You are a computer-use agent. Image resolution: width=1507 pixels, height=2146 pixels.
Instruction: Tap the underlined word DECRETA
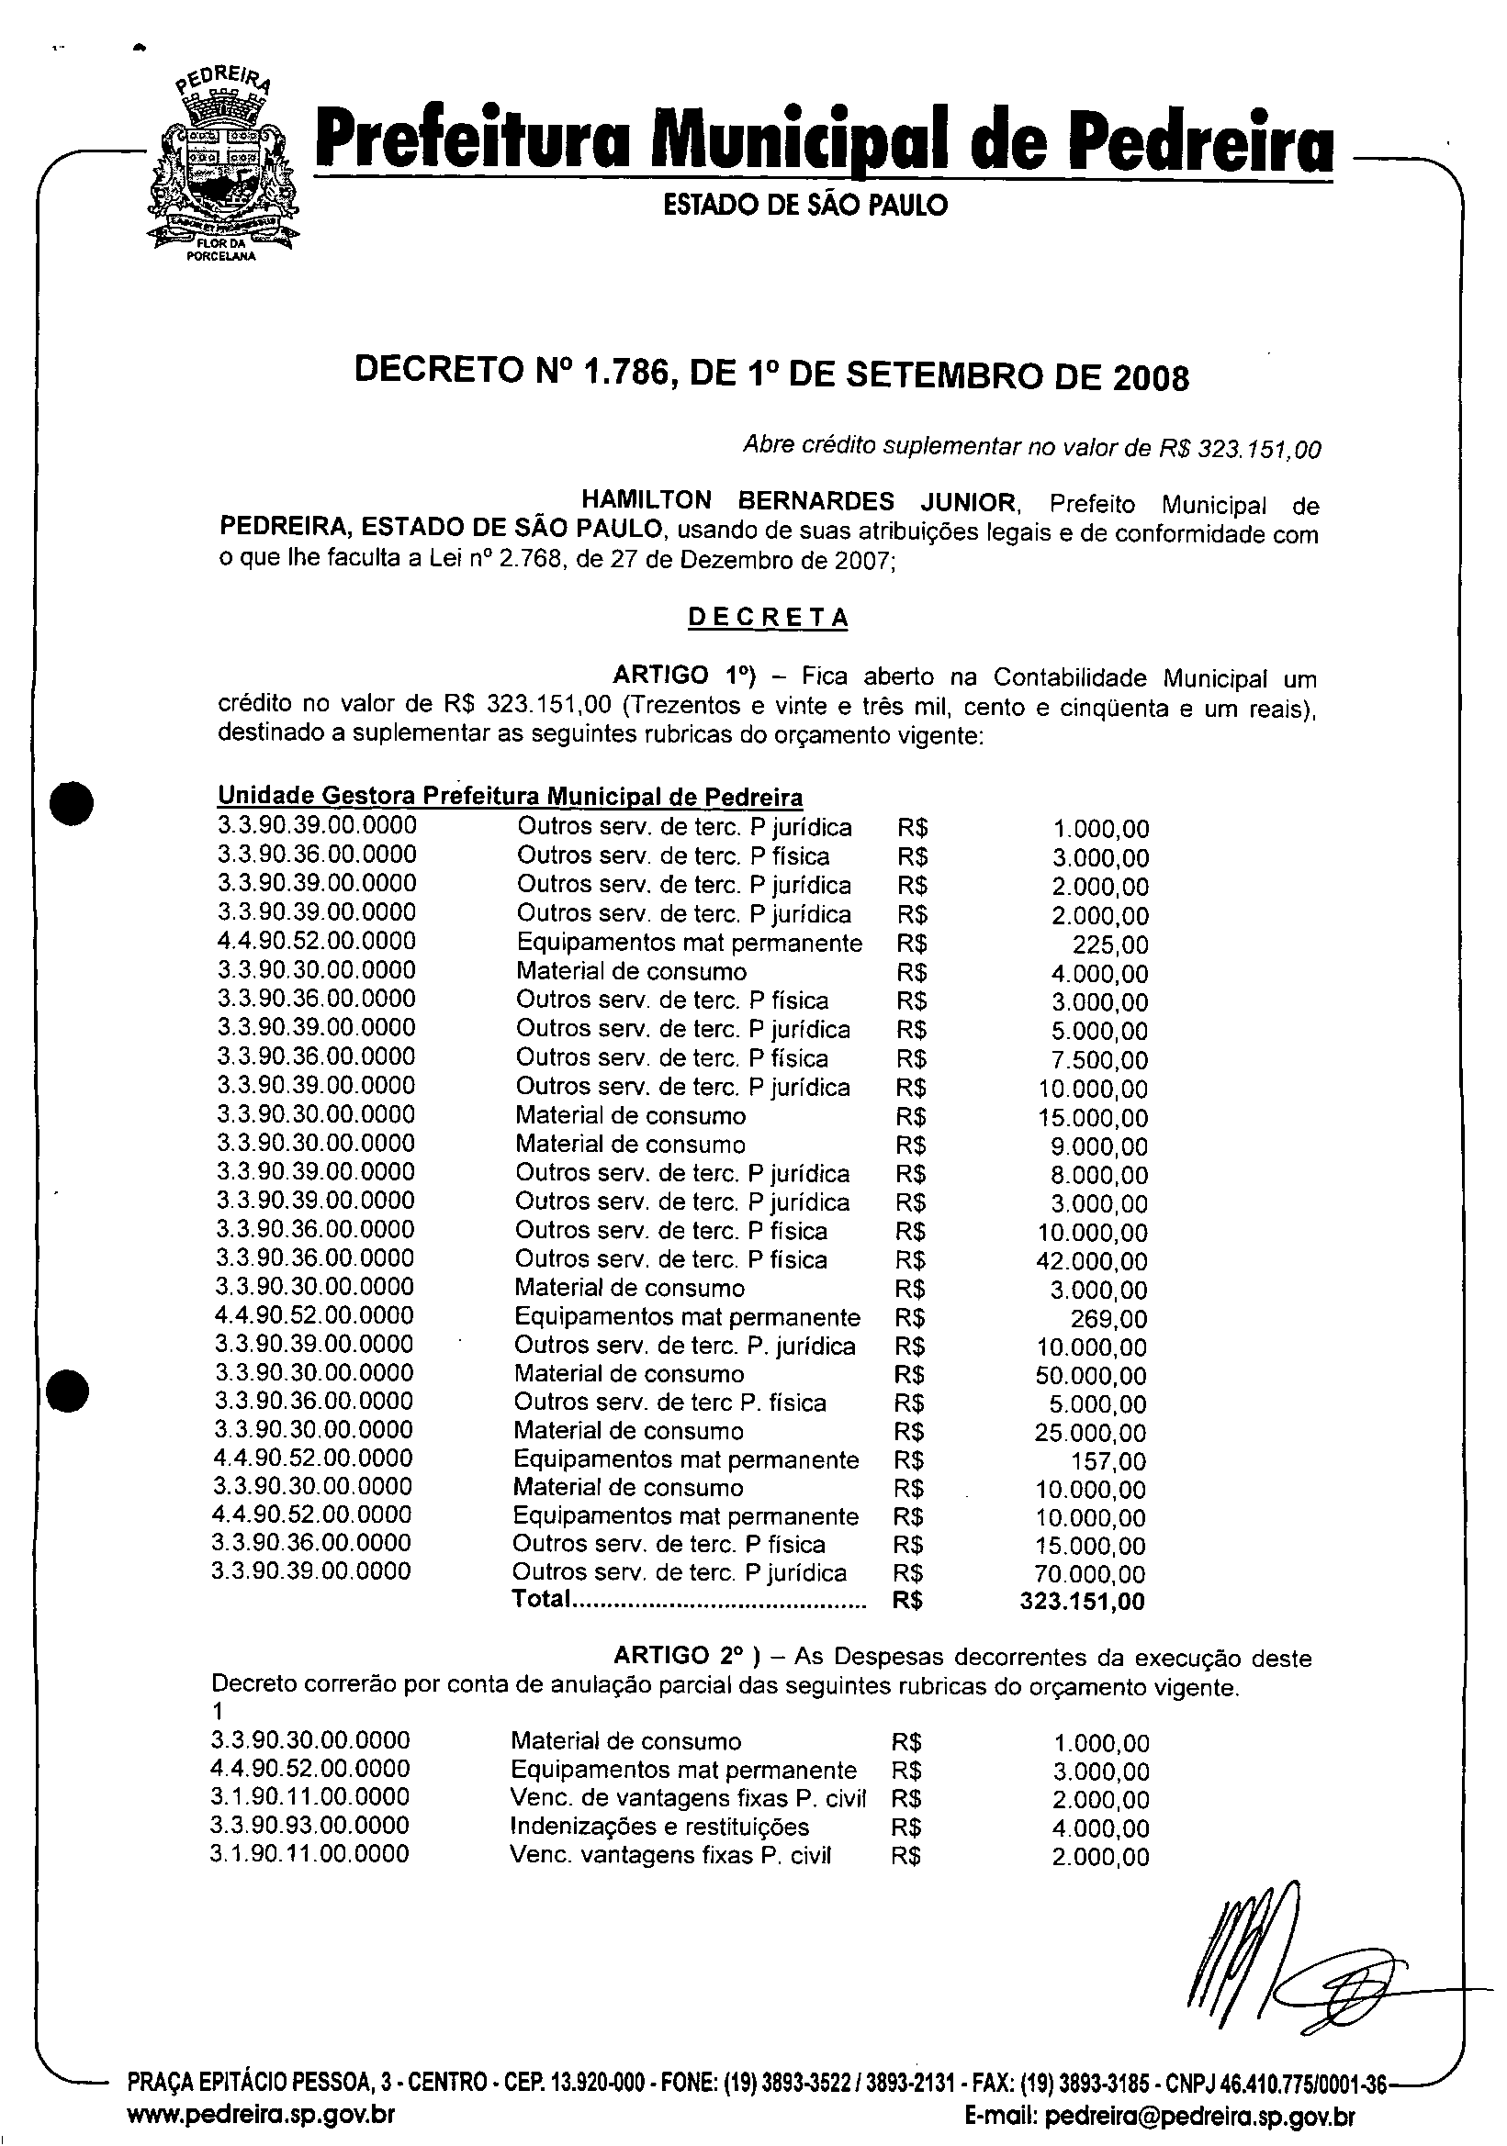[x=768, y=618]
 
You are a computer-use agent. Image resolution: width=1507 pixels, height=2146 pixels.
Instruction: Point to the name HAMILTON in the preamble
[x=646, y=502]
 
